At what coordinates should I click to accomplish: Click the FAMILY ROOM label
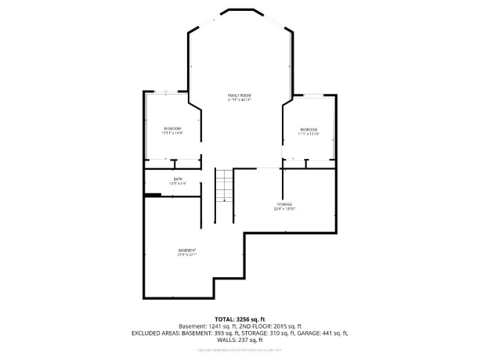pos(240,95)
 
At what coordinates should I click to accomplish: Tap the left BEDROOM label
pos(172,128)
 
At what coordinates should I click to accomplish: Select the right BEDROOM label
pos(309,129)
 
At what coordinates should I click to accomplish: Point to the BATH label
pos(179,179)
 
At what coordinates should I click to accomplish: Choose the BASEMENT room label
pos(186,250)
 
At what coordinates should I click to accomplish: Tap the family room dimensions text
pos(240,100)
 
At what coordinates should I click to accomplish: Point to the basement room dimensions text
pos(186,254)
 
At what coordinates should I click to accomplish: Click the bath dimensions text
pos(179,184)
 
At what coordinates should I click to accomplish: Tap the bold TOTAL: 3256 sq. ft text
pos(240,319)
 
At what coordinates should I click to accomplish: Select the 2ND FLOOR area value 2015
pos(284,326)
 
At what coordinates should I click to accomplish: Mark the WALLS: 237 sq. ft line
pos(240,340)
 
